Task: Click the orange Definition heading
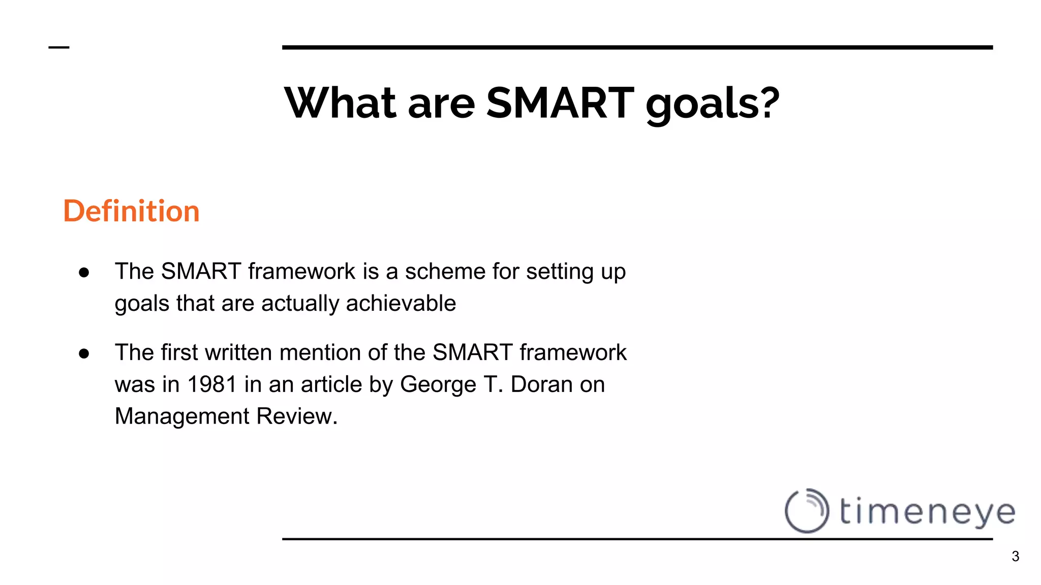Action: [x=131, y=211]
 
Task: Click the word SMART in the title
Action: [x=560, y=103]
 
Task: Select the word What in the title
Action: [x=340, y=103]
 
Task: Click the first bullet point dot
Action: [x=84, y=273]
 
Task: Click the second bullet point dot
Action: [x=84, y=353]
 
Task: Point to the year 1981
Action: [x=212, y=384]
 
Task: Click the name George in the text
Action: [x=438, y=384]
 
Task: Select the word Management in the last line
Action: [x=182, y=416]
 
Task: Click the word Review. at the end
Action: [x=297, y=416]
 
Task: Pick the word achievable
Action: [x=401, y=303]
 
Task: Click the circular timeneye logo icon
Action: [x=807, y=510]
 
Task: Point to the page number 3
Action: [x=1015, y=557]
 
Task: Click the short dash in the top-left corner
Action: [x=58, y=48]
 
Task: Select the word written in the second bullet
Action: [x=238, y=352]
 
